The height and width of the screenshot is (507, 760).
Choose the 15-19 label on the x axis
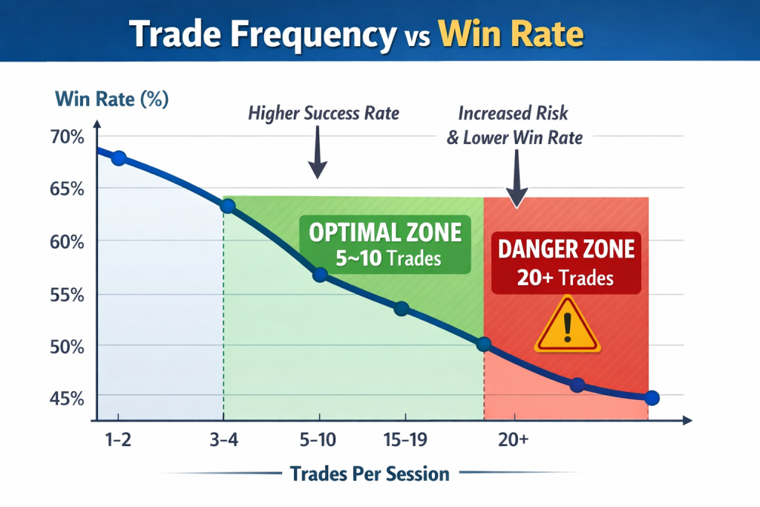tap(405, 439)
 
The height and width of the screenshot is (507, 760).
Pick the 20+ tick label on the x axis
tap(514, 439)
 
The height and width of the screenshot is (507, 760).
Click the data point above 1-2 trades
tap(118, 157)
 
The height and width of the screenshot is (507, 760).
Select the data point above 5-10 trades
tap(321, 275)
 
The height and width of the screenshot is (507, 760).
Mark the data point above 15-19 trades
tap(401, 309)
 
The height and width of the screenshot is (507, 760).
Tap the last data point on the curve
tap(652, 398)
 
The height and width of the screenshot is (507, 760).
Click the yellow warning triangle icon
tap(567, 324)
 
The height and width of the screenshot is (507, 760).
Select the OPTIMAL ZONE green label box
tap(385, 245)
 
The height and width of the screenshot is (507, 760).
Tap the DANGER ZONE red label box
tap(566, 262)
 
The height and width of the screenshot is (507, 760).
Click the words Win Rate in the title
tap(510, 33)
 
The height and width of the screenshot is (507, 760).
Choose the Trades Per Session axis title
tap(370, 474)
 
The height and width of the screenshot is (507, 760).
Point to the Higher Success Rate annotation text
tap(324, 114)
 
